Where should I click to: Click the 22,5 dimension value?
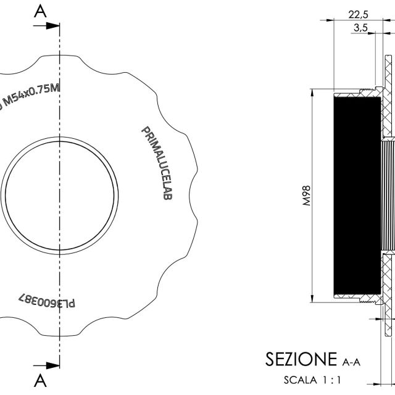[358, 15]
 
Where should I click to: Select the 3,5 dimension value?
[360, 27]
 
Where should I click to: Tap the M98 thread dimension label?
[306, 196]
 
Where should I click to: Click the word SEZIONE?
[301, 359]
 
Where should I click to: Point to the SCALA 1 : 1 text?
[312, 380]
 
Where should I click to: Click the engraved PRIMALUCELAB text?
[158, 163]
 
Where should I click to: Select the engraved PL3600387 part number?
[47, 301]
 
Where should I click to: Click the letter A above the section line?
[40, 11]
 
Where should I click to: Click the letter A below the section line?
[40, 381]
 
